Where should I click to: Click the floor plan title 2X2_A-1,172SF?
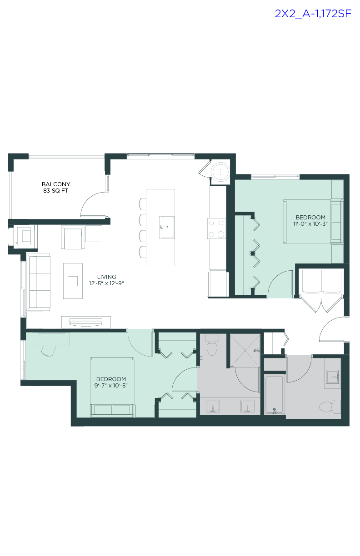click(313, 14)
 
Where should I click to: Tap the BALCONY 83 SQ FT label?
click(56, 188)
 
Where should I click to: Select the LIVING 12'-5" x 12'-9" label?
click(106, 280)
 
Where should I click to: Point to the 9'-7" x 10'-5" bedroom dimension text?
click(111, 386)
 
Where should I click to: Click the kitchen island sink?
click(167, 227)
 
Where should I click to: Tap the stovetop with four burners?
click(216, 228)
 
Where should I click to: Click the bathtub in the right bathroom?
click(275, 394)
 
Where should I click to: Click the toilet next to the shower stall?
click(212, 346)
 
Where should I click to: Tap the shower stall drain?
click(246, 350)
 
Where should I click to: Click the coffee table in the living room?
click(73, 281)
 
